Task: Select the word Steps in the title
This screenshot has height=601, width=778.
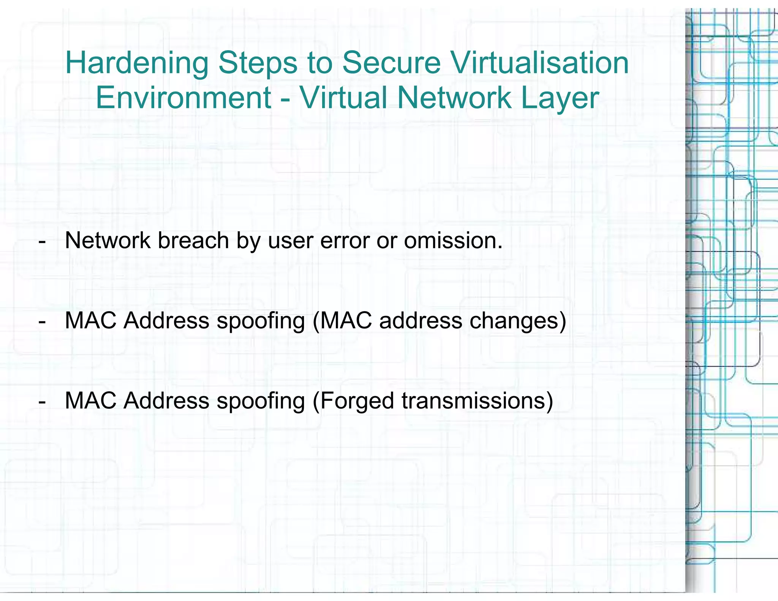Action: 258,63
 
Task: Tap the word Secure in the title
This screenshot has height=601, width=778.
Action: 391,63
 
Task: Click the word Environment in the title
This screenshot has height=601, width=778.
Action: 183,98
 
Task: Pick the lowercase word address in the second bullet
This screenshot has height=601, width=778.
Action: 421,321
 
